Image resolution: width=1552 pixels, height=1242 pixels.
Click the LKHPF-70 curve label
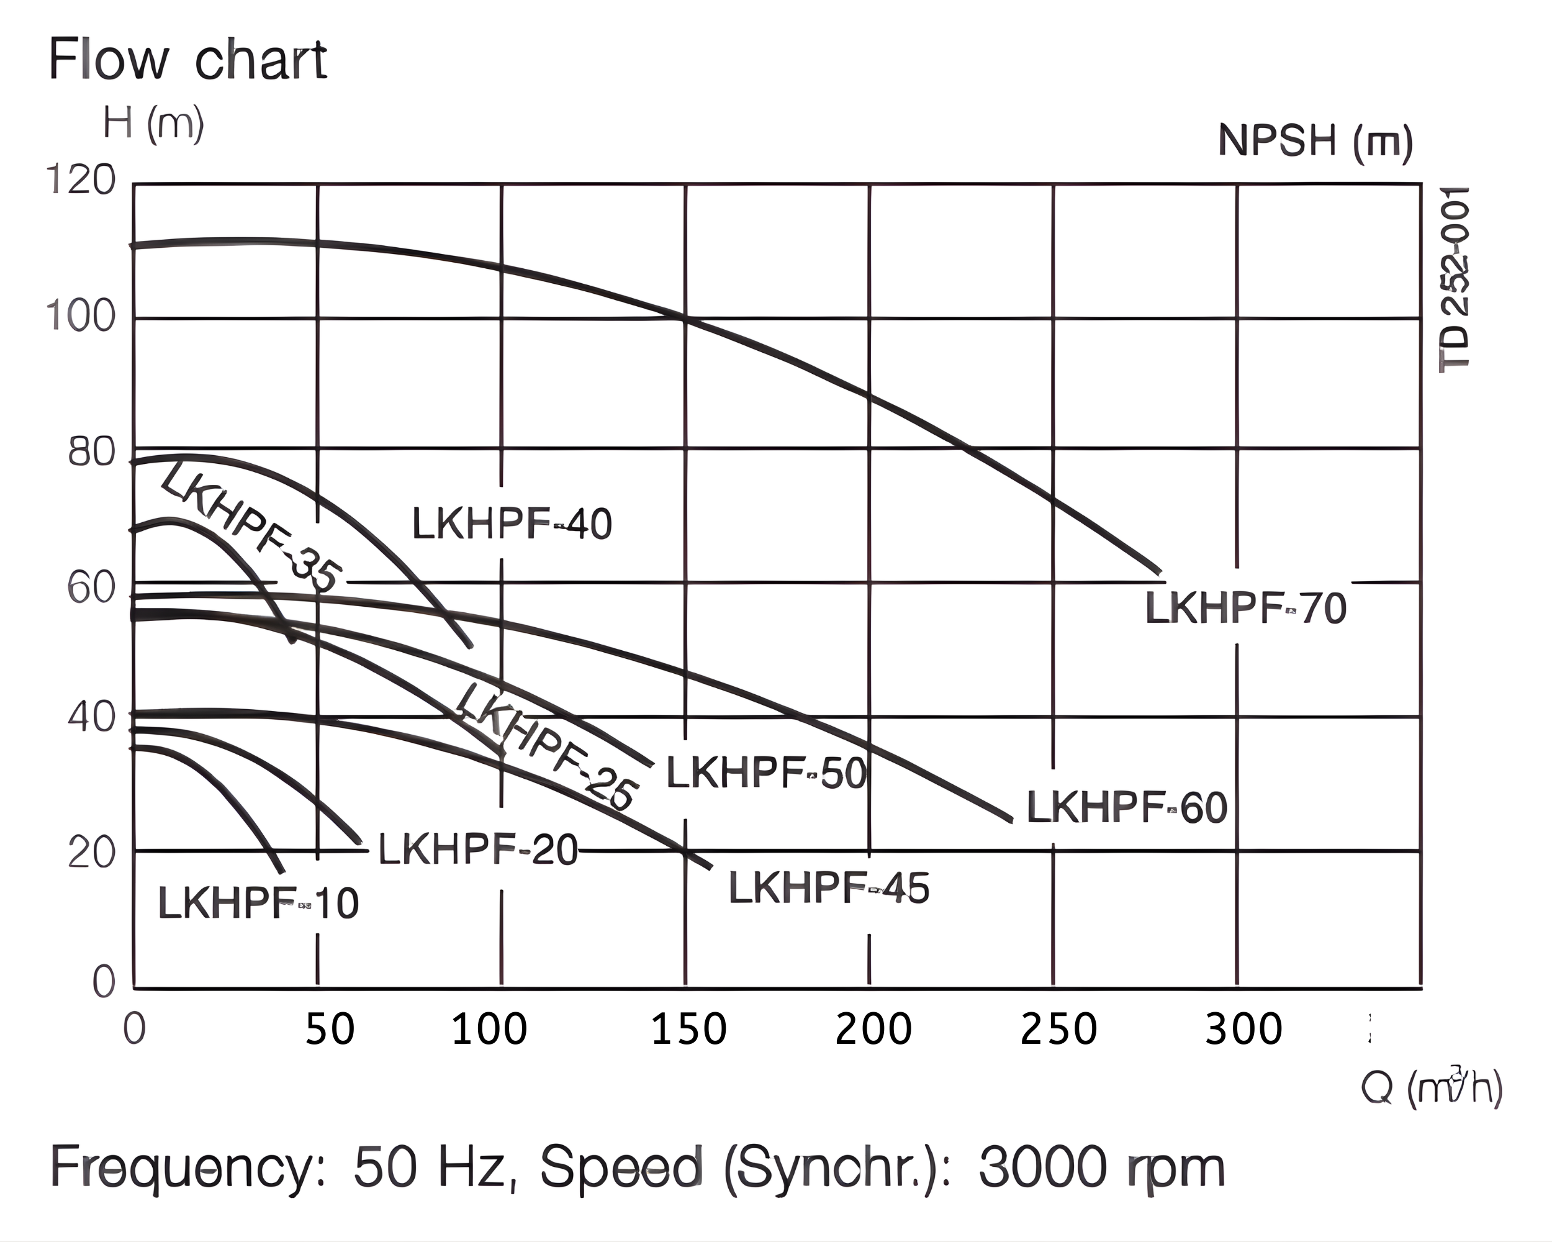(x=1245, y=609)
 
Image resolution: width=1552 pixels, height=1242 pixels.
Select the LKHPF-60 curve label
(x=1127, y=807)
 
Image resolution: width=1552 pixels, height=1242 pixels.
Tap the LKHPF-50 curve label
(x=767, y=773)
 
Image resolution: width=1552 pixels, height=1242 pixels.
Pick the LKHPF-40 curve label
(x=512, y=524)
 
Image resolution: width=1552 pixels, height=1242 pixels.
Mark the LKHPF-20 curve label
(x=478, y=850)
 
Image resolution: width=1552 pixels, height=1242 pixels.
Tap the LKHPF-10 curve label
(x=258, y=903)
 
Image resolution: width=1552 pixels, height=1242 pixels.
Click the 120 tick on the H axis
(x=81, y=179)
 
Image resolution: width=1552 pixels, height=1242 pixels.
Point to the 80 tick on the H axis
(x=91, y=453)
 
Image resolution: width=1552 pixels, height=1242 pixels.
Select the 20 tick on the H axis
(x=91, y=853)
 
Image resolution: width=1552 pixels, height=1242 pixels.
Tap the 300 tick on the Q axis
(x=1243, y=1029)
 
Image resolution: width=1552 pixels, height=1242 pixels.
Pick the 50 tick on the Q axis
(x=330, y=1029)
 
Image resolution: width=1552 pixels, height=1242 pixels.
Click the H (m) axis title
(x=153, y=124)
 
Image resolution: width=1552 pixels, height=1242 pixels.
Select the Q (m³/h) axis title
(x=1431, y=1087)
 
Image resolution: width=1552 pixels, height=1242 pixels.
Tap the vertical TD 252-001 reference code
(x=1454, y=279)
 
